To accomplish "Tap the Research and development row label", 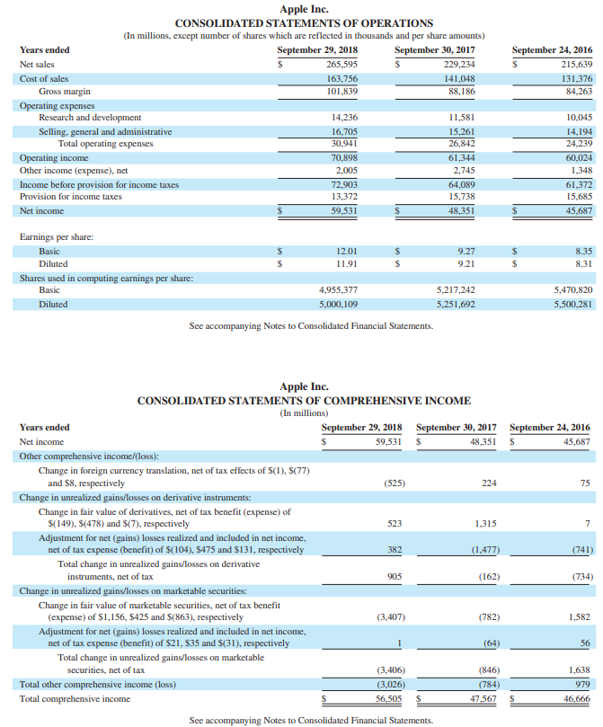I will [x=89, y=118].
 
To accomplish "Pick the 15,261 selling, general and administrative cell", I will [x=461, y=131].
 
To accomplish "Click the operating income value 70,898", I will [x=344, y=158].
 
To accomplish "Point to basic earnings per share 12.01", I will [x=347, y=252].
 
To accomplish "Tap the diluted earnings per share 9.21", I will [x=466, y=264].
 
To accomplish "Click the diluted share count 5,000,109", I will [x=339, y=304].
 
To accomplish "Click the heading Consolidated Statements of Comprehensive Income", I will [x=304, y=401].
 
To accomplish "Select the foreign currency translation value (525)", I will [x=394, y=483].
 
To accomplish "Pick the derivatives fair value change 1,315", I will [x=486, y=523].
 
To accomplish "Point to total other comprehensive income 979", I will [x=581, y=684].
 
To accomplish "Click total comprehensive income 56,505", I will [x=388, y=697].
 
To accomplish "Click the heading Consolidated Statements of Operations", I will [x=304, y=22].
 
